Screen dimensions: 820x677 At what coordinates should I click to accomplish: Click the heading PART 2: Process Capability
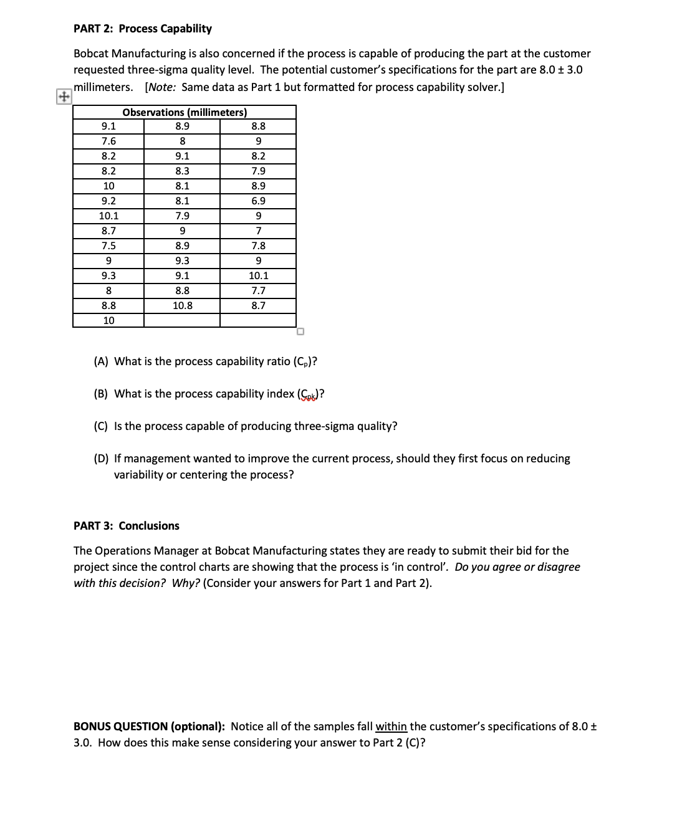143,29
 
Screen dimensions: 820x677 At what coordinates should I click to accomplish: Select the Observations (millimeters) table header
185,112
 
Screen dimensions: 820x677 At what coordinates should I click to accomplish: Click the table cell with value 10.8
182,305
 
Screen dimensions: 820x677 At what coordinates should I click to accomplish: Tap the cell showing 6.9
258,201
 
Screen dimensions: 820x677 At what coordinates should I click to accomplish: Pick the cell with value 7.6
108,141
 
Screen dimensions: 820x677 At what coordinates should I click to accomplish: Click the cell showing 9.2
108,201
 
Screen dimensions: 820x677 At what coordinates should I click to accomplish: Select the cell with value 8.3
182,171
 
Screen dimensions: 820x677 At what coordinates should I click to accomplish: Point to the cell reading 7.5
108,246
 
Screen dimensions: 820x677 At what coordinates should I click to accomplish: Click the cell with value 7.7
258,290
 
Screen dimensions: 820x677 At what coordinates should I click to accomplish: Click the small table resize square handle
300,331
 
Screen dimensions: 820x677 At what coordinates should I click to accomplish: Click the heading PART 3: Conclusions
127,526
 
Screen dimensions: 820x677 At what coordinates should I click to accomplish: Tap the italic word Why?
186,583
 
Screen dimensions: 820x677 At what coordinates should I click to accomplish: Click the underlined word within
391,727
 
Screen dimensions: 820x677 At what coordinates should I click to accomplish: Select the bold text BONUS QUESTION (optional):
149,727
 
